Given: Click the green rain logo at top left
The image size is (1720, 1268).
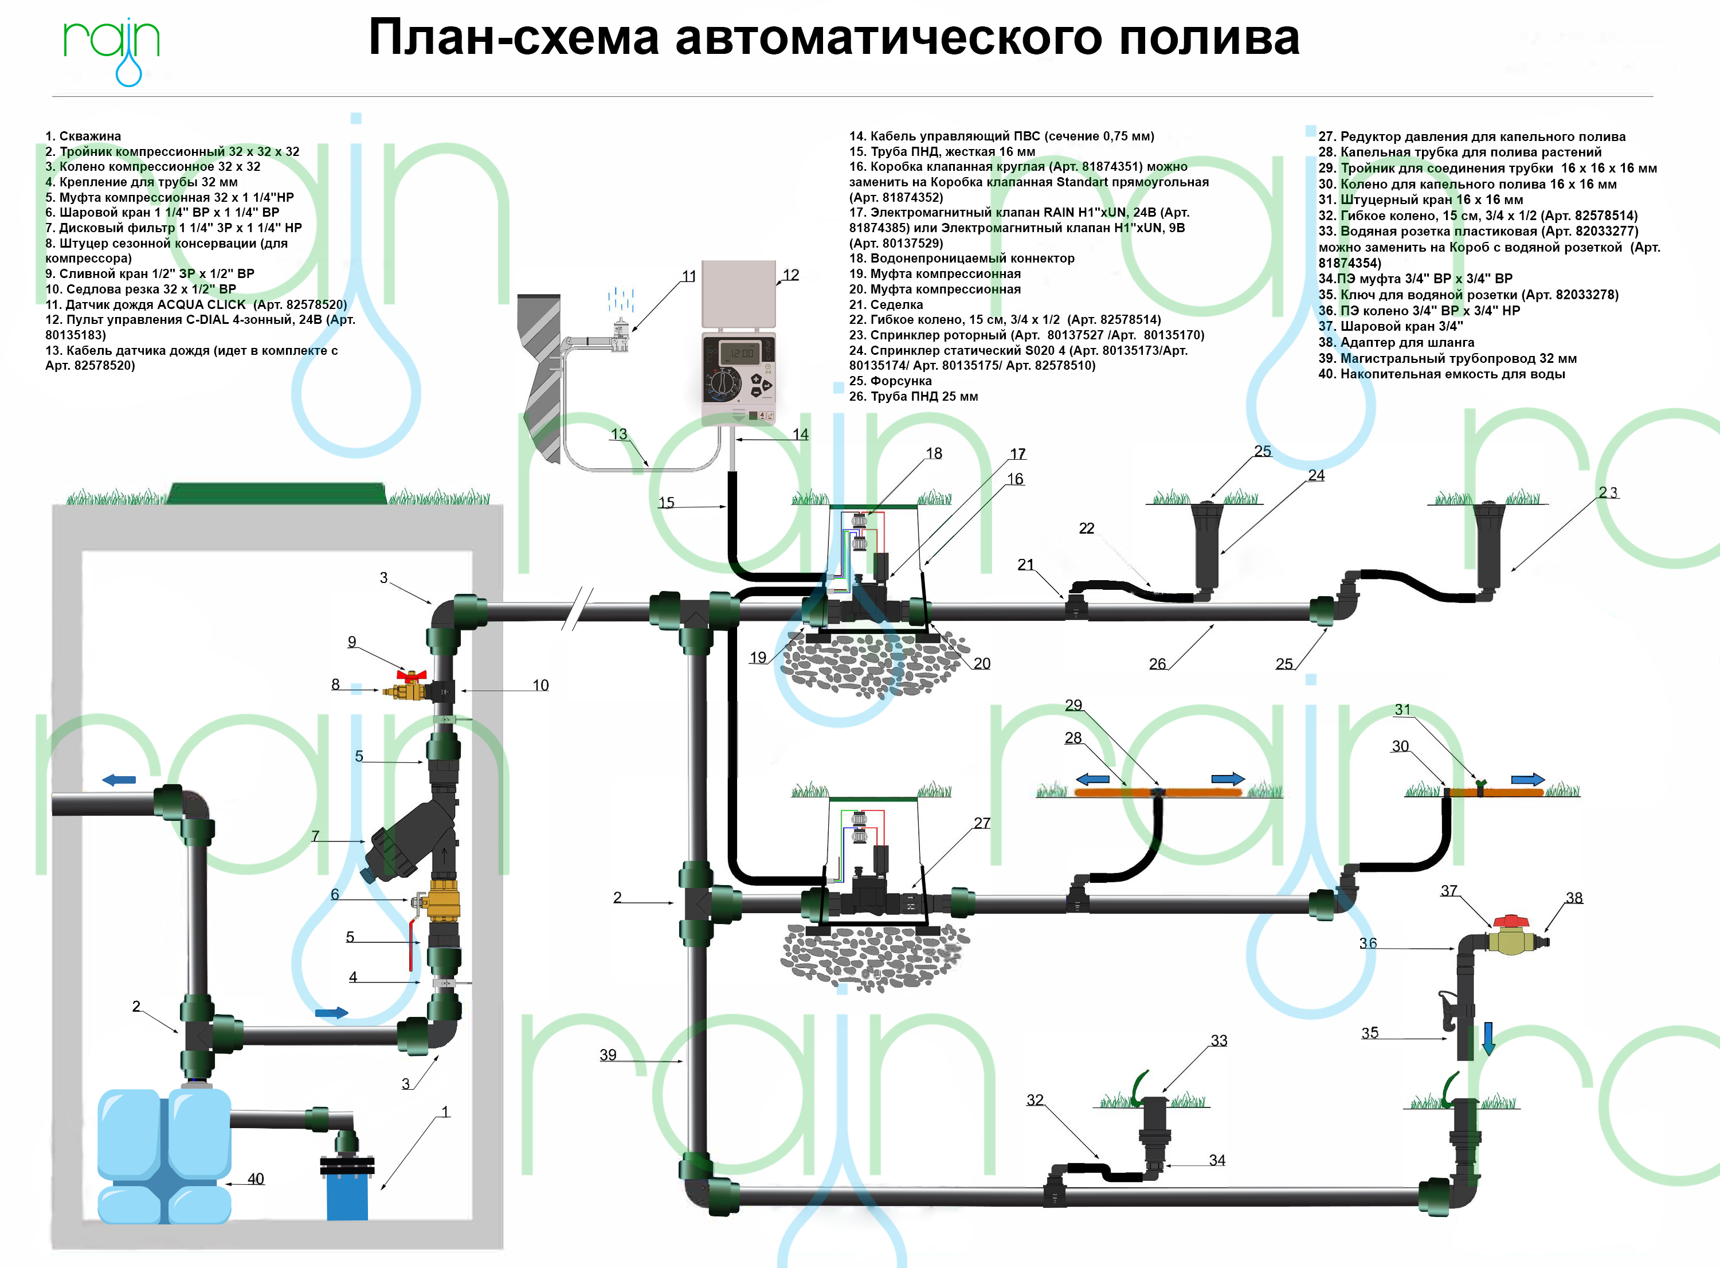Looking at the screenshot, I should pos(111,46).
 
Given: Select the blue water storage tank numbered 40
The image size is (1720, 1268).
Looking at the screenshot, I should pos(163,1155).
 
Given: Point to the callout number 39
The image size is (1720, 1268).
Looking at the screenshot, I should pos(608,1055).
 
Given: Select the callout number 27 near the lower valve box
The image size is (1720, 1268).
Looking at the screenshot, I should pos(982,823).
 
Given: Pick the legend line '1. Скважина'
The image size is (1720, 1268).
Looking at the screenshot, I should pos(83,136).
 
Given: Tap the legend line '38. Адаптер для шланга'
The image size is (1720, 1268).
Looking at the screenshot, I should pos(1396,342).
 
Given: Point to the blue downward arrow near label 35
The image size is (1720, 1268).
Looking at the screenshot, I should pos(1487,1037).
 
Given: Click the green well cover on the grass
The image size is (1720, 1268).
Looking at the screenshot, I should pos(276,494).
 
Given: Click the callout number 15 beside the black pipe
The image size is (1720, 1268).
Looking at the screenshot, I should pos(666,502).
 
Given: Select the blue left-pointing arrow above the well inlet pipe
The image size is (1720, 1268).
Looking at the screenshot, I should pos(119,780).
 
